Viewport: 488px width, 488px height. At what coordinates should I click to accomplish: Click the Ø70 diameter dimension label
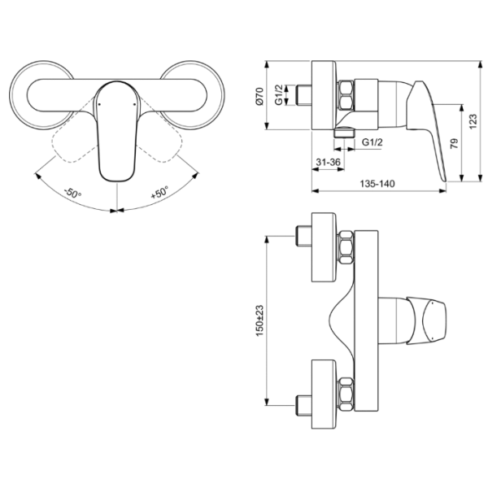coord(260,96)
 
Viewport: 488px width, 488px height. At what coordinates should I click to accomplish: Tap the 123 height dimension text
coord(473,122)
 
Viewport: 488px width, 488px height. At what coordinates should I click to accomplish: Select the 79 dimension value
coord(455,143)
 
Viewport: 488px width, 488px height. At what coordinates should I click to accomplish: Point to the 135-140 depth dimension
coord(377,184)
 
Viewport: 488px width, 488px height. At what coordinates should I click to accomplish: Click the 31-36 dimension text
coord(328,162)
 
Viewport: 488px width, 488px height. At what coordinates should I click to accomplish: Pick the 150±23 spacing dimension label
coord(259,320)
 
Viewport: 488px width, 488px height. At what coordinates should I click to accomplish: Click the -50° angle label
coord(72,193)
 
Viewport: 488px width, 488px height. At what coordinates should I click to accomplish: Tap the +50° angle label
coord(159,192)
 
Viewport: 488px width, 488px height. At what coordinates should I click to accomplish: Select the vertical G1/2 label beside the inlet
coord(279,94)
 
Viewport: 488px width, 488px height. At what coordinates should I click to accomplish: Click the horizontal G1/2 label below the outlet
coord(373,142)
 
